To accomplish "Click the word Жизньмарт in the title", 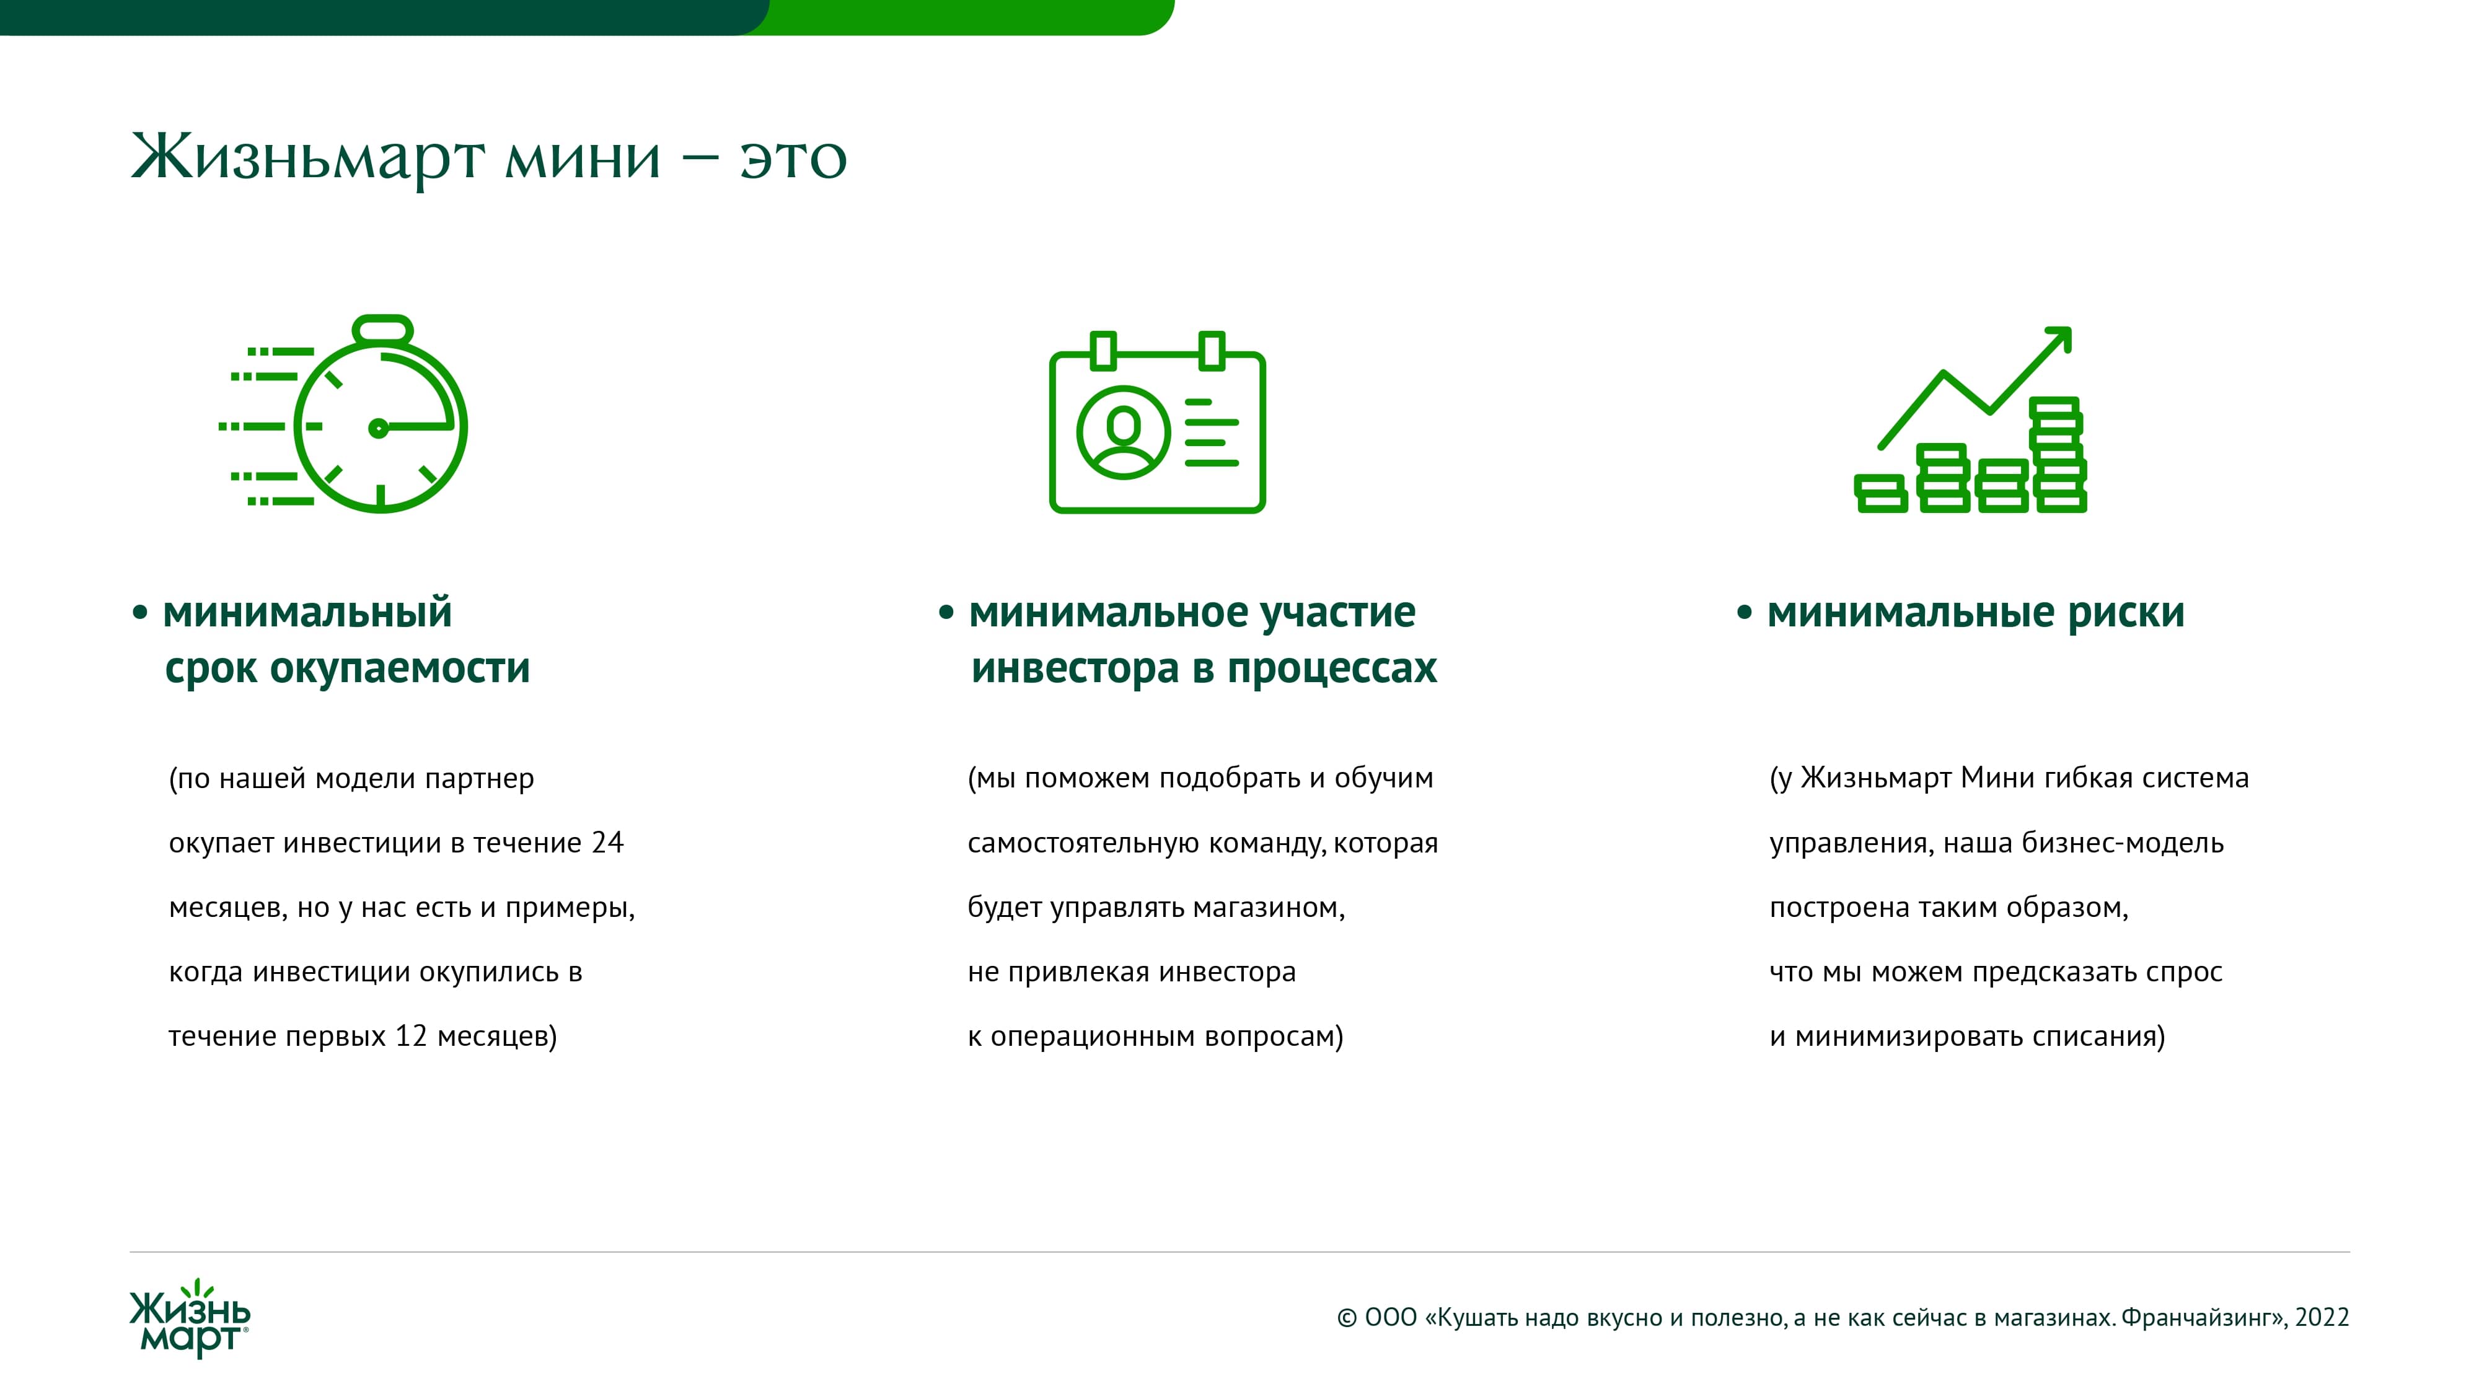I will (x=308, y=157).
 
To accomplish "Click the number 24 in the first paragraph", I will (x=607, y=843).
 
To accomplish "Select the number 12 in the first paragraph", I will (x=411, y=1036).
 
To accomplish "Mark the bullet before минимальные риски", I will (x=1744, y=613).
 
